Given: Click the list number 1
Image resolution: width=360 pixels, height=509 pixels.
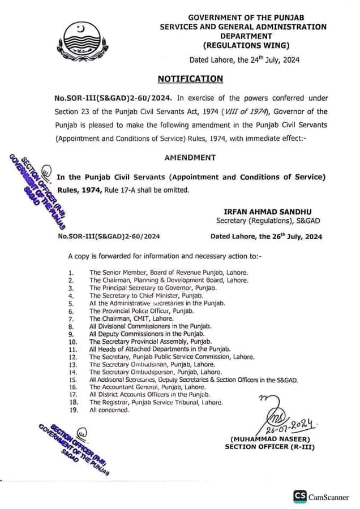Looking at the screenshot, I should [70, 273].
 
